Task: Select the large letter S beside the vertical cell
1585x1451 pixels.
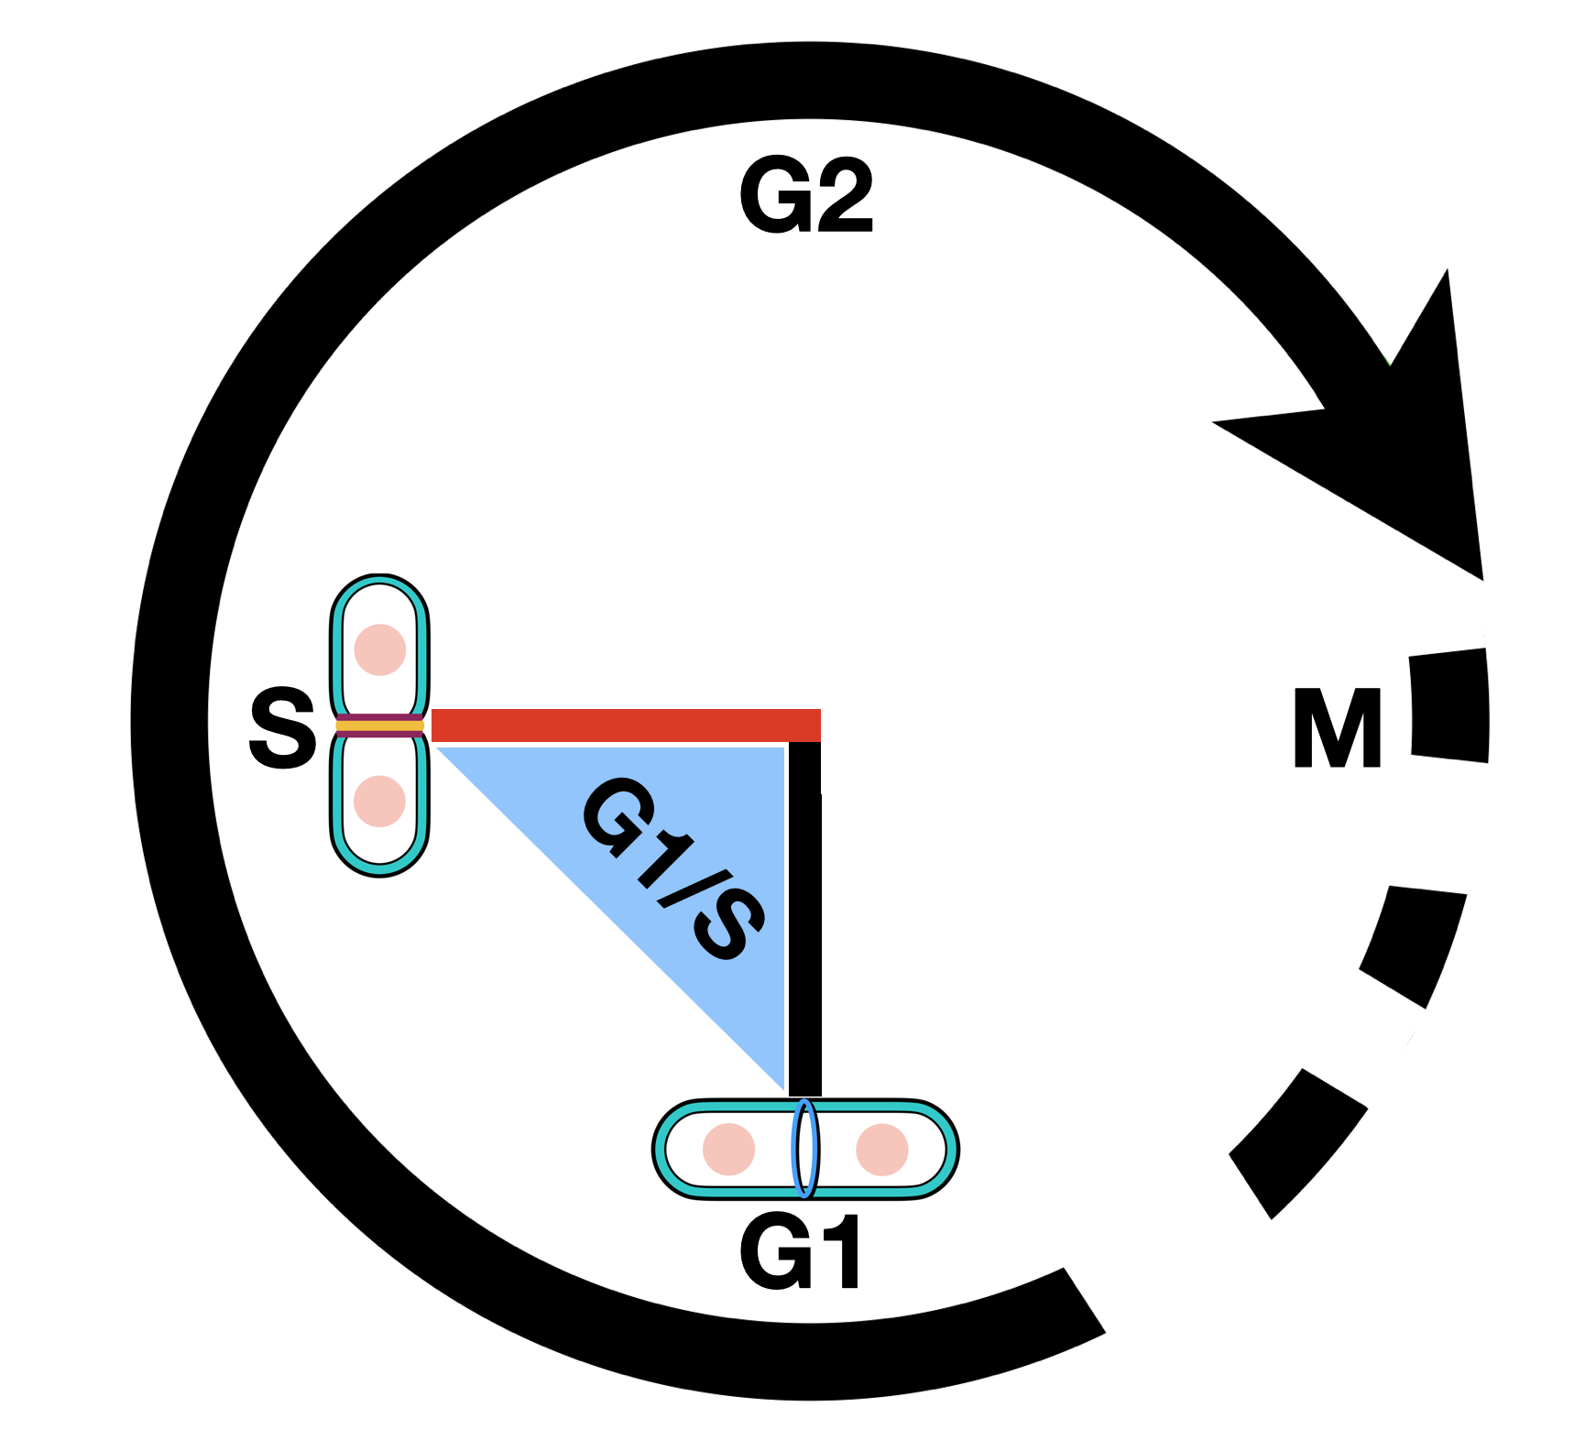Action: [x=282, y=729]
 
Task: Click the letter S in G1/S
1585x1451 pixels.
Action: [x=728, y=925]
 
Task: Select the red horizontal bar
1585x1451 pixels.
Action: [x=626, y=725]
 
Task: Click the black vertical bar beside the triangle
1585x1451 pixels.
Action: [x=804, y=916]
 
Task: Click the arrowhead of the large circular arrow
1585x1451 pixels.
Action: [x=1402, y=440]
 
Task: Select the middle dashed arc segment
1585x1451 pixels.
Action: [x=1415, y=944]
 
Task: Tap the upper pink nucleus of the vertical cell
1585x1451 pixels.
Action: [x=380, y=649]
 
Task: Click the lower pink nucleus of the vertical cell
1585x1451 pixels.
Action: [x=379, y=801]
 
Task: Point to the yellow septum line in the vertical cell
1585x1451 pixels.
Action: [x=379, y=726]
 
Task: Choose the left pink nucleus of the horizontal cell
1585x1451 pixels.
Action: [x=729, y=1149]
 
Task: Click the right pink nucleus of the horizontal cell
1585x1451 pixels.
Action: [x=882, y=1149]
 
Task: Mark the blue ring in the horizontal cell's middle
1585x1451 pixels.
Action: [x=804, y=1149]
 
